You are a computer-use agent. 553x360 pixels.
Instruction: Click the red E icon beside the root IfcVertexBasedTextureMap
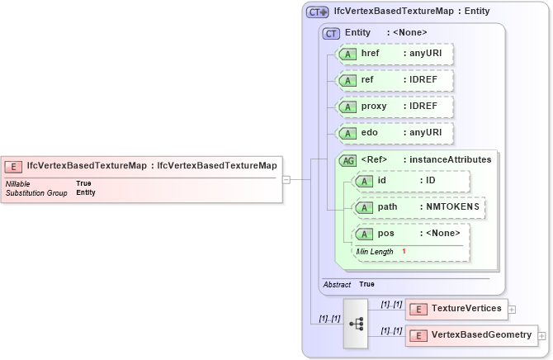[15, 165]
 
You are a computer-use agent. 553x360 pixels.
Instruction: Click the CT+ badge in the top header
[318, 12]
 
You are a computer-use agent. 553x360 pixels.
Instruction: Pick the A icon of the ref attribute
[348, 80]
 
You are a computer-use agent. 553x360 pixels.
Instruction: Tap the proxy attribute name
[375, 107]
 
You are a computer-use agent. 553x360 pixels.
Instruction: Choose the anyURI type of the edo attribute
[422, 133]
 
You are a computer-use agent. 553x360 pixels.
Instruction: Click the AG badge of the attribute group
[348, 160]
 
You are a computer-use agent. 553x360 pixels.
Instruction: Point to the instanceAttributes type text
[451, 159]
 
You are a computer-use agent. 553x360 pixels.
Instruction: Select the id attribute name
[382, 181]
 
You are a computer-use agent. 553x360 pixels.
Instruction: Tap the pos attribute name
[385, 234]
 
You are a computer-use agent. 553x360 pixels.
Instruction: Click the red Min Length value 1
[404, 251]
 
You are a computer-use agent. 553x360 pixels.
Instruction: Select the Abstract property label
[337, 284]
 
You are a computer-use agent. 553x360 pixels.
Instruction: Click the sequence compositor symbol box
[357, 323]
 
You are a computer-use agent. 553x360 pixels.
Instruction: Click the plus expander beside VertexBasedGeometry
[542, 336]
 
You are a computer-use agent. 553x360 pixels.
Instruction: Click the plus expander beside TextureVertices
[512, 310]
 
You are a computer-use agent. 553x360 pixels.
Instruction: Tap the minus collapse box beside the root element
[286, 178]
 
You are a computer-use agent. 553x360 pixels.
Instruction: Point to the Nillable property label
[19, 183]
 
